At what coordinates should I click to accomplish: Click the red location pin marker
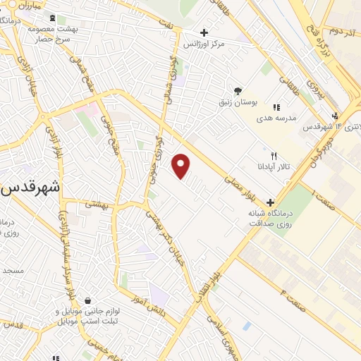[x=182, y=166]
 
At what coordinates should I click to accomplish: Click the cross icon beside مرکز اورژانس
[x=204, y=32]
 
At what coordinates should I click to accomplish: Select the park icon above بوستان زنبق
[x=238, y=90]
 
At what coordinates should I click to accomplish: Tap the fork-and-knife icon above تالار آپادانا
[x=274, y=156]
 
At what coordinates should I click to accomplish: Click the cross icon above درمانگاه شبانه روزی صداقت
[x=270, y=202]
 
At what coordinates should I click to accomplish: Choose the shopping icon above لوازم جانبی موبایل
[x=87, y=300]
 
